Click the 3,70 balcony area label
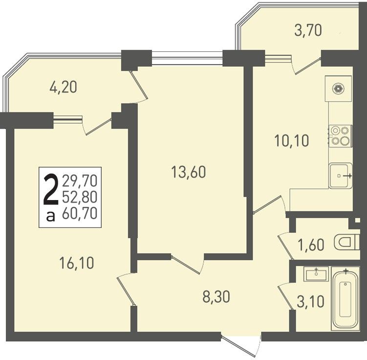point(308,31)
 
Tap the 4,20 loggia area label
point(63,87)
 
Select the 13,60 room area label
point(189,172)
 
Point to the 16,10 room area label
point(77,262)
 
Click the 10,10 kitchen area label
point(292,140)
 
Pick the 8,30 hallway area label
point(216,297)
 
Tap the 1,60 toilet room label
point(311,245)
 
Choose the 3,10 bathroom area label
point(311,301)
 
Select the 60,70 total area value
point(80,213)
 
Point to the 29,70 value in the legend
point(80,181)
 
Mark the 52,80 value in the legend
point(80,197)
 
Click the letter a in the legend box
point(50,216)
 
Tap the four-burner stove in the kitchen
point(341,136)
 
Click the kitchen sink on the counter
point(341,176)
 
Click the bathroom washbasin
point(316,274)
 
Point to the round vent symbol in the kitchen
point(339,89)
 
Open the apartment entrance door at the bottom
point(241,346)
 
